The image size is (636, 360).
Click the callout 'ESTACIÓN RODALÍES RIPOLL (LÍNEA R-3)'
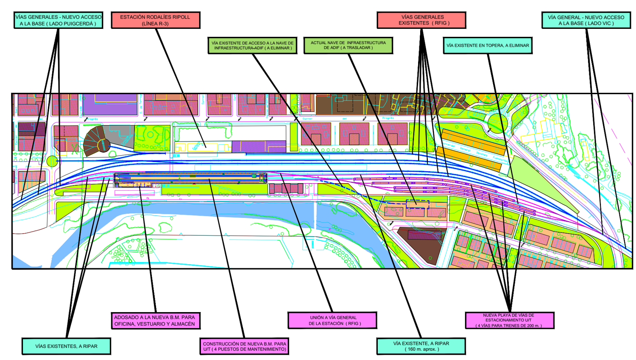156,20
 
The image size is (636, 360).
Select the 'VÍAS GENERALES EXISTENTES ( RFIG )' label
421,20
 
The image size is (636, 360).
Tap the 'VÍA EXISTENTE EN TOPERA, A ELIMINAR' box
488,45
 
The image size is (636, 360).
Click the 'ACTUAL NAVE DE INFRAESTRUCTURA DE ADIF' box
348,45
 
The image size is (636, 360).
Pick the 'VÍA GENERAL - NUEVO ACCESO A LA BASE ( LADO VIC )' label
586,20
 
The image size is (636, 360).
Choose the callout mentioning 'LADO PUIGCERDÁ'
58,20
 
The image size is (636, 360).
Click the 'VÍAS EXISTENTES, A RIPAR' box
67,346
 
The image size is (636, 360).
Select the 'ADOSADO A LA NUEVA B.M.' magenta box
155,321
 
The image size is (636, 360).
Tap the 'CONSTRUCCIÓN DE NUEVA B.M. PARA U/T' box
244,346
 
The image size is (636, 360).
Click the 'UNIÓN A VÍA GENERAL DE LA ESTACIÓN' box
332,321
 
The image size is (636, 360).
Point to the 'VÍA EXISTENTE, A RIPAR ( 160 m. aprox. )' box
421,346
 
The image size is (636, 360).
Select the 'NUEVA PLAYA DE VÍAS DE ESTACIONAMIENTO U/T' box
509,321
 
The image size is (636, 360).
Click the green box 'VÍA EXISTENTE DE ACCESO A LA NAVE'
253,45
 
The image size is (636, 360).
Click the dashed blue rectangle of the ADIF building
418,204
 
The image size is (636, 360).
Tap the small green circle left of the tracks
52,161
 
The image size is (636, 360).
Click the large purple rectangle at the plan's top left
110,104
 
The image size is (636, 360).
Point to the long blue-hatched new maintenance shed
191,177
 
